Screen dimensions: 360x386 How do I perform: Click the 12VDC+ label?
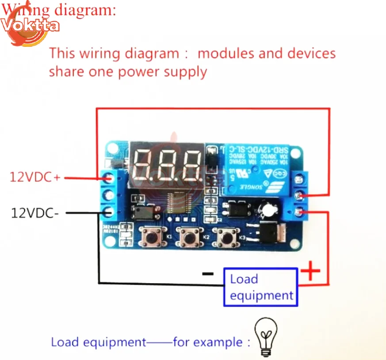pyautogui.click(x=34, y=177)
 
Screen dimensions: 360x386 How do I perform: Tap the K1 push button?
pyautogui.click(x=153, y=237)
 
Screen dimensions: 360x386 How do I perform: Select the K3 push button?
pyautogui.click(x=225, y=237)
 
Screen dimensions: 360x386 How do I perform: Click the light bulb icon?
pyautogui.click(x=266, y=337)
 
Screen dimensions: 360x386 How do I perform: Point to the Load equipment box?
pyautogui.click(x=261, y=287)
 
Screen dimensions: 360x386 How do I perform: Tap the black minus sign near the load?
pyautogui.click(x=207, y=273)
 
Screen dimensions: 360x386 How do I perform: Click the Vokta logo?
pyautogui.click(x=29, y=27)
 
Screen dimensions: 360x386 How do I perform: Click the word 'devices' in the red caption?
pyautogui.click(x=311, y=53)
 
